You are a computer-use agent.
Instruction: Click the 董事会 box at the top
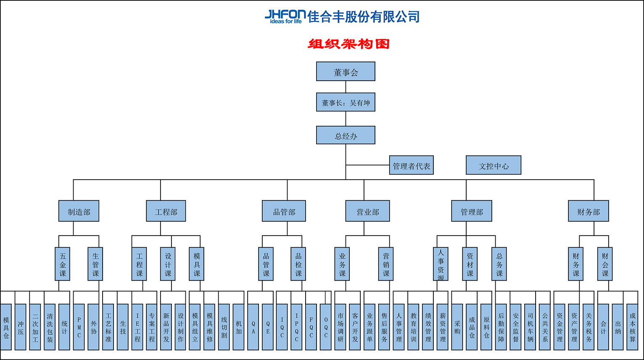tap(346, 71)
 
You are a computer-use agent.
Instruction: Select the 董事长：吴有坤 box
tap(346, 102)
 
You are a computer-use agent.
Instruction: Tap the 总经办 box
tap(346, 135)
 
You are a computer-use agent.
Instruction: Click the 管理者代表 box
tap(411, 165)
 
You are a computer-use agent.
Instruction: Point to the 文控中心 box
tap(494, 165)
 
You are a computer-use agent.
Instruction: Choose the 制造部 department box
tap(79, 211)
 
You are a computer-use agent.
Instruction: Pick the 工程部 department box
tap(166, 211)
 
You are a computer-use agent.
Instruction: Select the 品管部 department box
tap(284, 211)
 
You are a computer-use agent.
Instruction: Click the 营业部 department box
tap(367, 211)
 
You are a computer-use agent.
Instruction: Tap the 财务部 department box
tap(588, 211)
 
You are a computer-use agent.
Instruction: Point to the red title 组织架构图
tap(348, 44)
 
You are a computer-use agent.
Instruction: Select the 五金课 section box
tap(63, 264)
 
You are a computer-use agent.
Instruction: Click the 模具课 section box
tap(196, 264)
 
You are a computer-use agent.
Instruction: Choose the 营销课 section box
tap(386, 264)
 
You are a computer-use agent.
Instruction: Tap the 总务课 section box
tap(499, 264)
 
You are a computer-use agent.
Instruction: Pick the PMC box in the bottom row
tap(79, 327)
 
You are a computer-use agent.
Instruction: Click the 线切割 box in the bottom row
tap(224, 327)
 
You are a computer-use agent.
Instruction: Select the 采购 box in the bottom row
tap(457, 327)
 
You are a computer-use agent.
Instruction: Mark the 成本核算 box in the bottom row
tap(632, 327)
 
